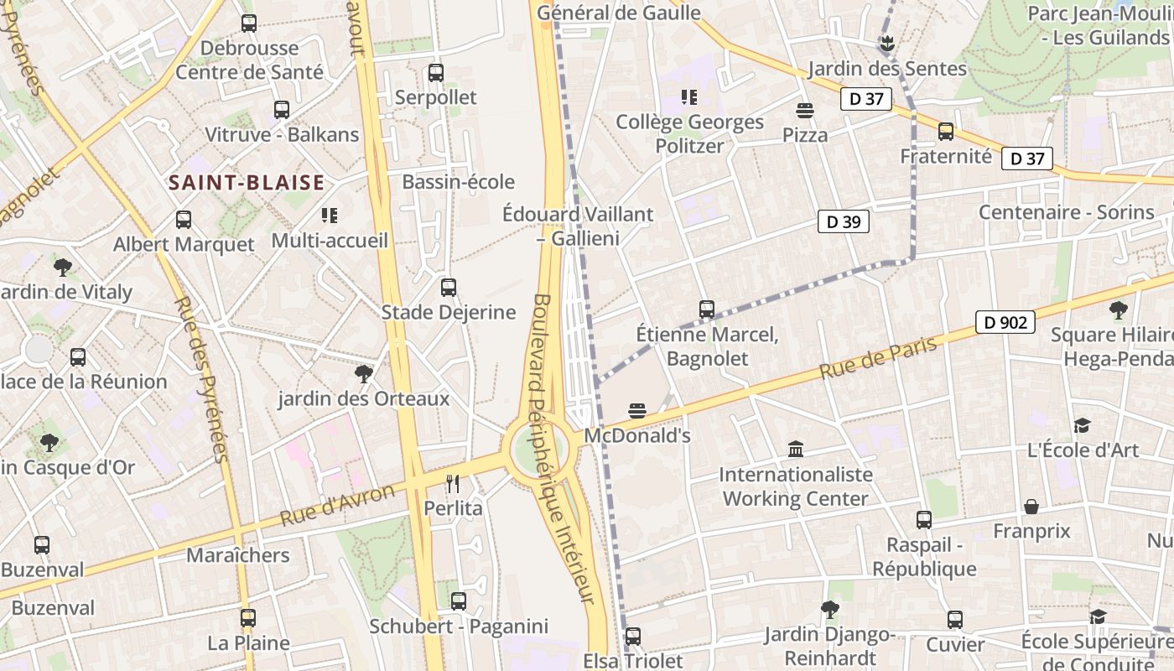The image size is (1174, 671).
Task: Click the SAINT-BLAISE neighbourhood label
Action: pos(247,183)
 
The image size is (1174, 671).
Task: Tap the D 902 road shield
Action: pos(1005,322)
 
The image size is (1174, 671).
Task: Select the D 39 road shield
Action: pos(844,221)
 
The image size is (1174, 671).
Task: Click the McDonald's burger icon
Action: pos(637,411)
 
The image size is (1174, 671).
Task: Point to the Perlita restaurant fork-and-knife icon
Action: pos(453,484)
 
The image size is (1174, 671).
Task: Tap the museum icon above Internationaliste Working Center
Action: pos(796,450)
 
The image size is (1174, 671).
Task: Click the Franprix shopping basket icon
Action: pos(1031,507)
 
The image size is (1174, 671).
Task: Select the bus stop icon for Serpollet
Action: pos(436,73)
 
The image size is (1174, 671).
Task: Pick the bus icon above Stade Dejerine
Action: pos(449,288)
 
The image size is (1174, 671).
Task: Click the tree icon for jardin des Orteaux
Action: pos(364,374)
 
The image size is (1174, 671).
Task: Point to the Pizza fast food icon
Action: pos(805,111)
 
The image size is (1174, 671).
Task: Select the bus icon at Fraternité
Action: pos(946,132)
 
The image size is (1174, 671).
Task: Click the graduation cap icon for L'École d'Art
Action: pos(1083,425)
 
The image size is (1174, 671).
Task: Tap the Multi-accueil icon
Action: pos(330,216)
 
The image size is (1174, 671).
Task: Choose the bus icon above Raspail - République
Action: pos(924,520)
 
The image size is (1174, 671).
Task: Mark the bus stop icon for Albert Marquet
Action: pos(184,220)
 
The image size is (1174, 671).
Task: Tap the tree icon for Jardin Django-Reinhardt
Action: pos(829,610)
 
